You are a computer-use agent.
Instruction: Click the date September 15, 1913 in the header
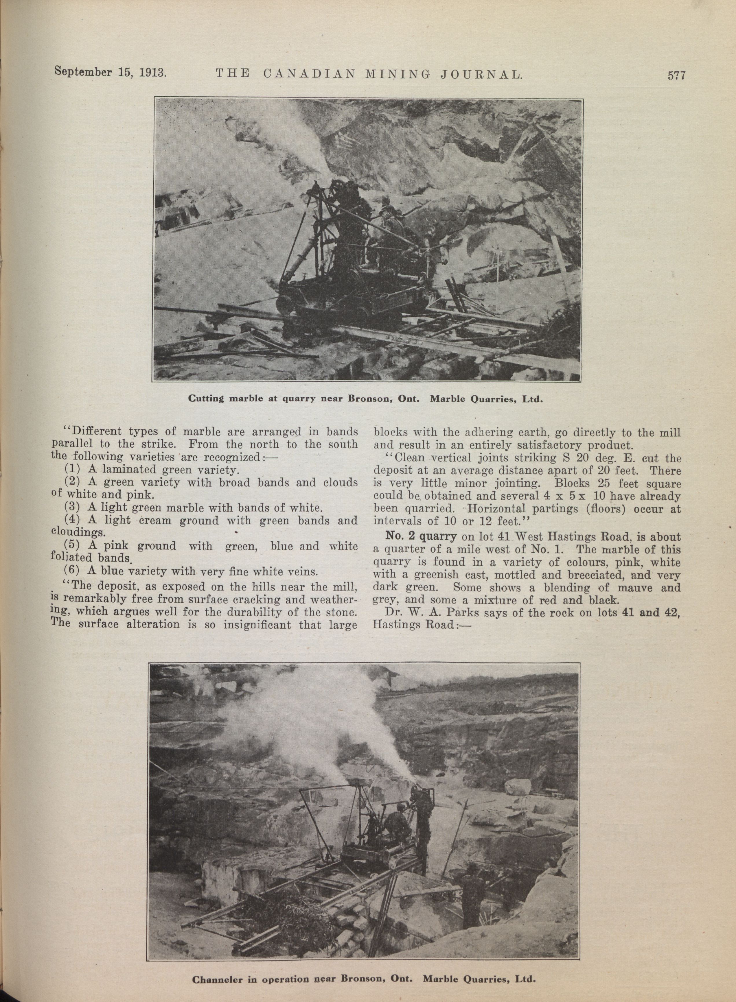tap(110, 72)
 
